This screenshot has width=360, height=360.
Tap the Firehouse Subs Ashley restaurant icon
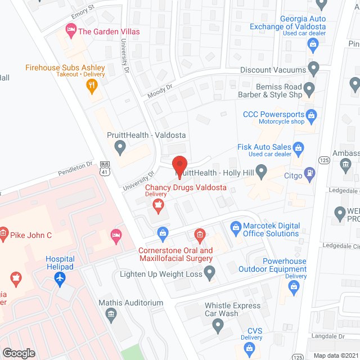point(92,85)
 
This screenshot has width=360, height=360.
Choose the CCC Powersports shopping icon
point(312,115)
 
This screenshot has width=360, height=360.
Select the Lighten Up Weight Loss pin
point(210,274)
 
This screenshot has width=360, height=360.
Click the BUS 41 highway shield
point(105,167)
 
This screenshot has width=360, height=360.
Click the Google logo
point(19,353)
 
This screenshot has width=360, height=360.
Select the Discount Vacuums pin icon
point(314,70)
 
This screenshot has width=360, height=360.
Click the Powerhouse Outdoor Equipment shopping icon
point(293,286)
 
